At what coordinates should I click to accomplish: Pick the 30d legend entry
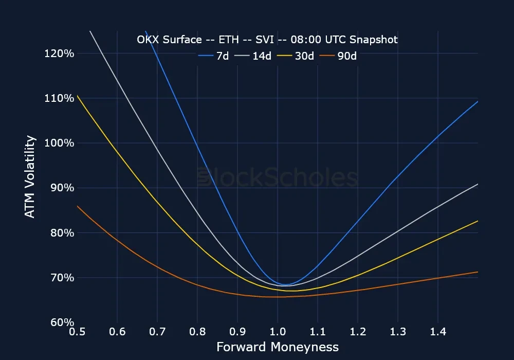coord(297,56)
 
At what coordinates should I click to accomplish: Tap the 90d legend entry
coord(339,56)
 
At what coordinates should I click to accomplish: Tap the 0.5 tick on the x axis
coord(77,333)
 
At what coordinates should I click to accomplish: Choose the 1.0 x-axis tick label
coord(278,333)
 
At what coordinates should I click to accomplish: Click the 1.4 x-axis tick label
coord(438,333)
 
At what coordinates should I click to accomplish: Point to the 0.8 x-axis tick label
coord(197,333)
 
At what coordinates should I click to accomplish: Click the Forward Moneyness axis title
coord(278,347)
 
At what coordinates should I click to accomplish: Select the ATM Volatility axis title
coord(31,176)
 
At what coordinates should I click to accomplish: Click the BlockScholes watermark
coord(278,178)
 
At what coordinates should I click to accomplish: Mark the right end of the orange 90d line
coord(478,272)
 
